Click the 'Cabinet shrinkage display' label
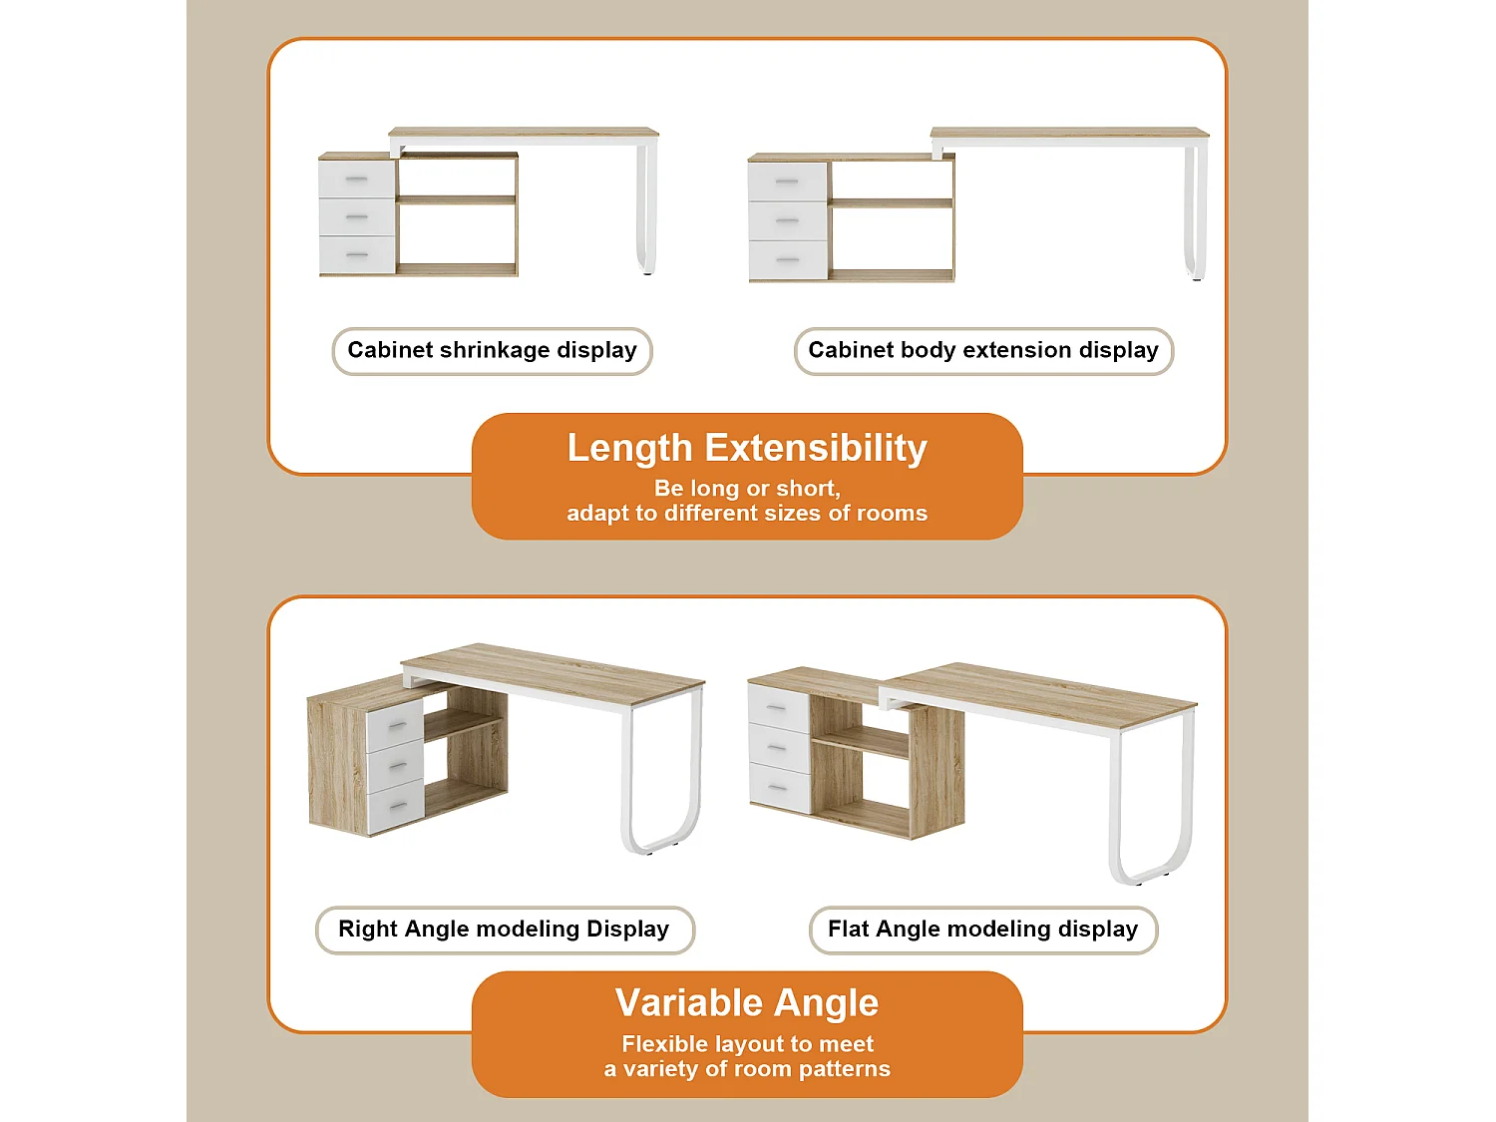(x=492, y=350)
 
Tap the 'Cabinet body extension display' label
(x=983, y=350)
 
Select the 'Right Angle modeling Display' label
(x=504, y=930)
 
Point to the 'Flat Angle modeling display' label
(x=982, y=930)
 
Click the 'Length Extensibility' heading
(x=747, y=448)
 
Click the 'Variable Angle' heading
(x=747, y=1002)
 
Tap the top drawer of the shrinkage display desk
(x=357, y=180)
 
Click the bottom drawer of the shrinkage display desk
(x=357, y=255)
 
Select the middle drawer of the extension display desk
(x=787, y=220)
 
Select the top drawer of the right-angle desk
(x=395, y=725)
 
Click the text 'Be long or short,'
(x=747, y=489)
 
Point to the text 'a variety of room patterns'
(x=747, y=1069)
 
